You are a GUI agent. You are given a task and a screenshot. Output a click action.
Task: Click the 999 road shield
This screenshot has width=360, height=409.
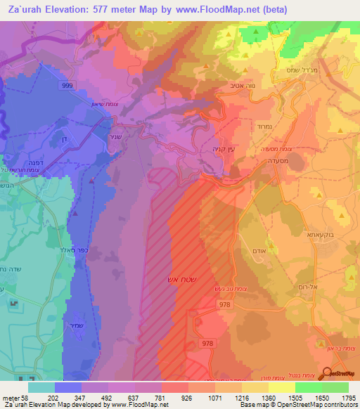point(86,84)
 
